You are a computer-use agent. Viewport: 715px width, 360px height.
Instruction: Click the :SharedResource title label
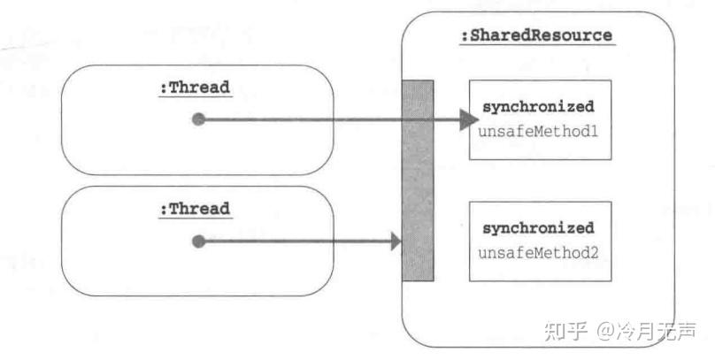pos(536,36)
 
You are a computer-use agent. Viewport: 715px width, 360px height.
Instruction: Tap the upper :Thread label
pos(194,88)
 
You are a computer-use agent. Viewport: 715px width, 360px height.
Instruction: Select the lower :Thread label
pos(194,209)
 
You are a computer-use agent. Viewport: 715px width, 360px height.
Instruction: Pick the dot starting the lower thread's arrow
pos(199,241)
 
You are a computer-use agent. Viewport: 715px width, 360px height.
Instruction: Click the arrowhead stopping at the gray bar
pos(395,241)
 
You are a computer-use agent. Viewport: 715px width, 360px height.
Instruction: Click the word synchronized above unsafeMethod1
pos(538,107)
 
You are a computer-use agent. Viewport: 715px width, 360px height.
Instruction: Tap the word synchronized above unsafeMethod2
pos(538,228)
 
